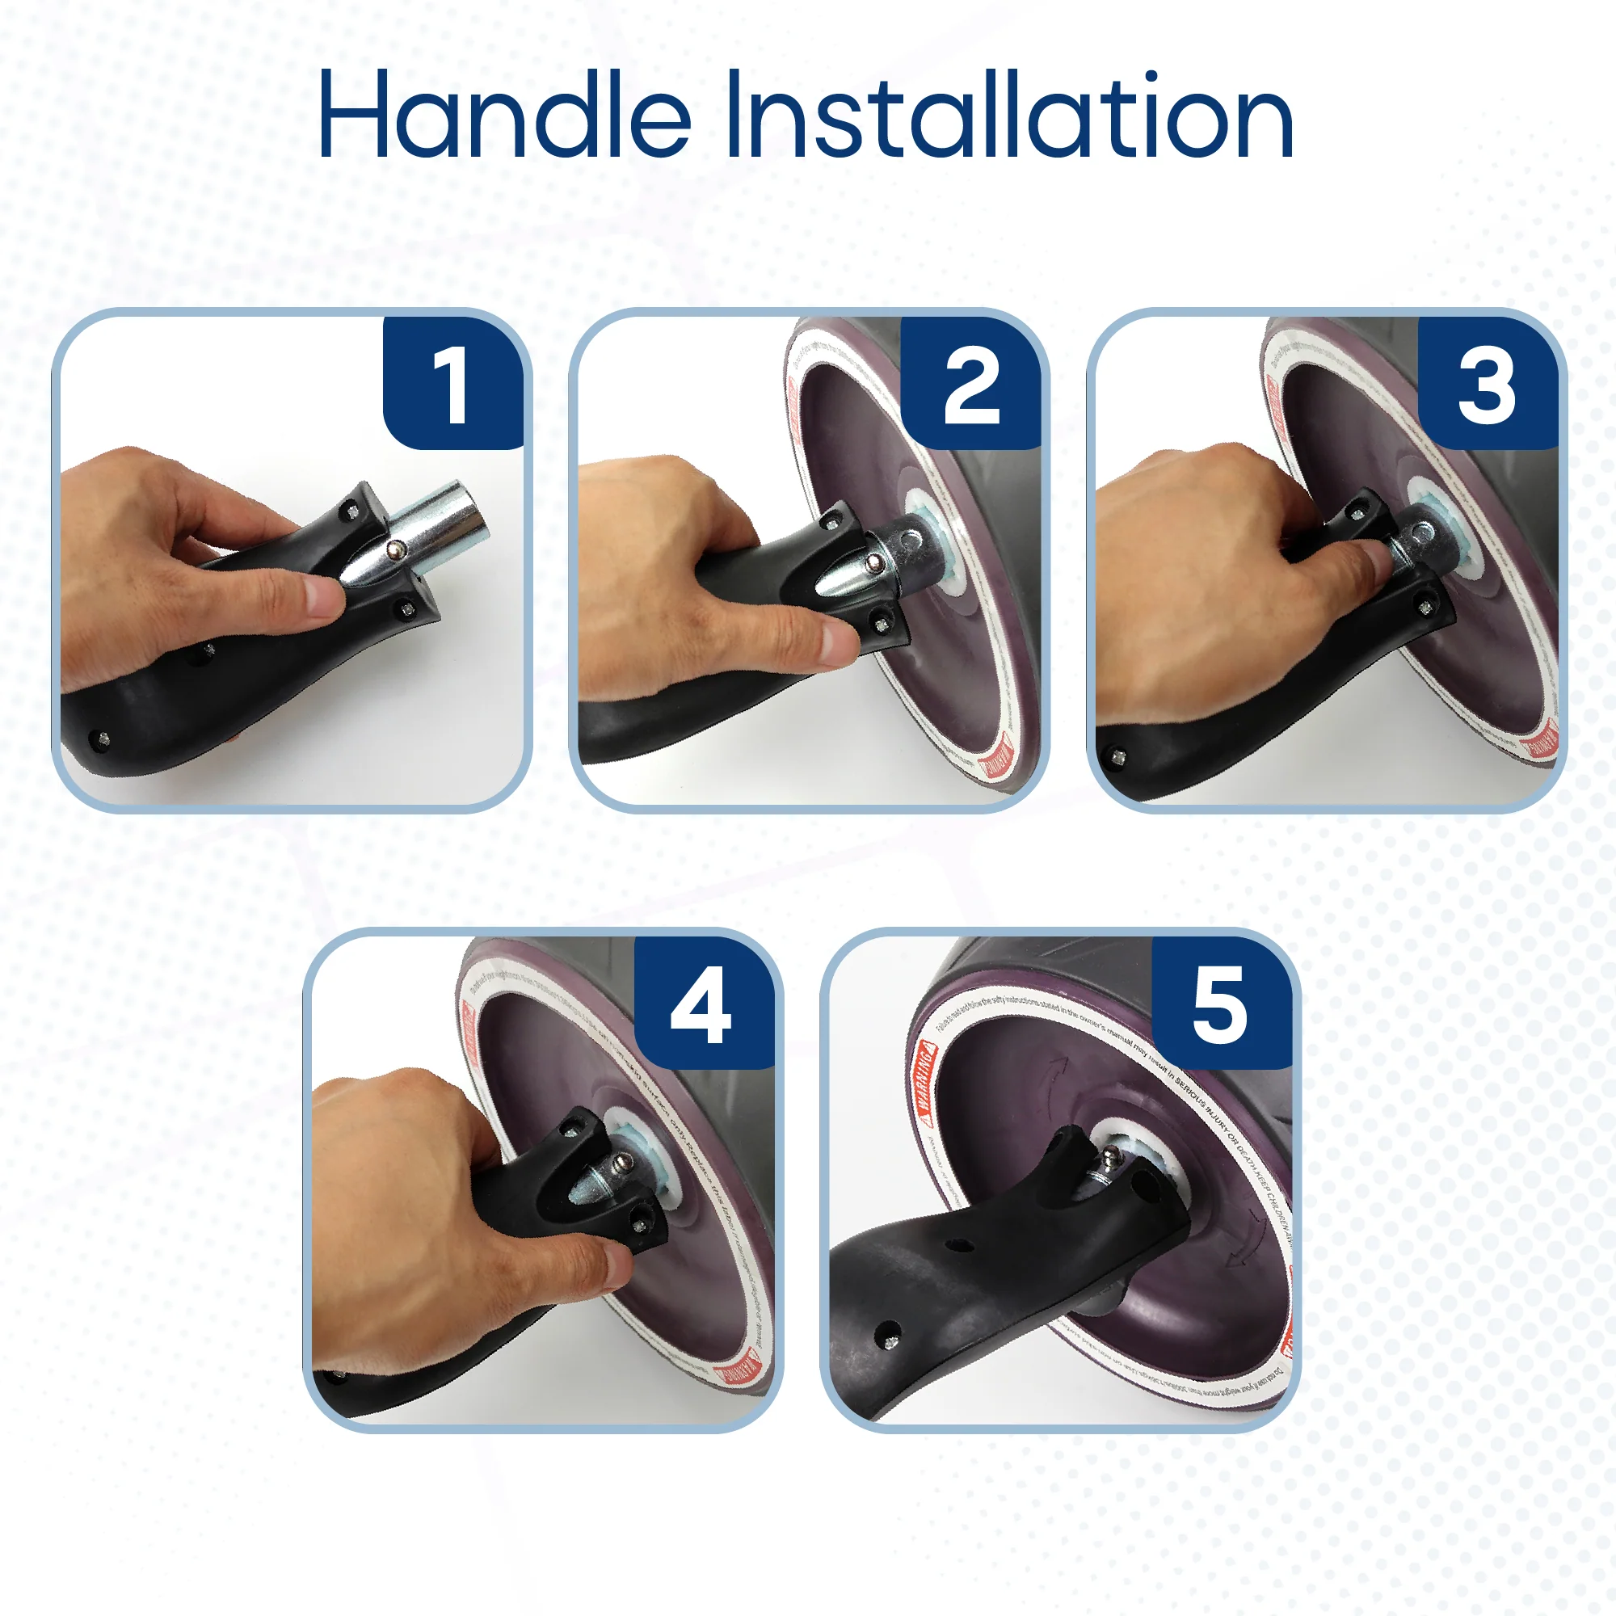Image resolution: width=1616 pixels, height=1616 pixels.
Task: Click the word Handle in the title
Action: point(503,115)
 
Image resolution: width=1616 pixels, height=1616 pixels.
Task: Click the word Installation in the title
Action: point(1008,115)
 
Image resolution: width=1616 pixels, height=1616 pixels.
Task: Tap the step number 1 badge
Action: point(452,384)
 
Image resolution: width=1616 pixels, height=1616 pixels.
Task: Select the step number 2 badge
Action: point(971,384)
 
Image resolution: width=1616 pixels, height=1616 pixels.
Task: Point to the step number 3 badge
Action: point(1487,384)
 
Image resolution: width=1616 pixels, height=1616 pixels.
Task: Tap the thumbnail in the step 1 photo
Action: point(323,597)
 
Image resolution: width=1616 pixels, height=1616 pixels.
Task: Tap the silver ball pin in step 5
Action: point(1112,1158)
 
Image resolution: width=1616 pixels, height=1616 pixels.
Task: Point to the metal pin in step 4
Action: point(621,1162)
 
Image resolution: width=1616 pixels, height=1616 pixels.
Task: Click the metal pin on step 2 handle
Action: point(873,563)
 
